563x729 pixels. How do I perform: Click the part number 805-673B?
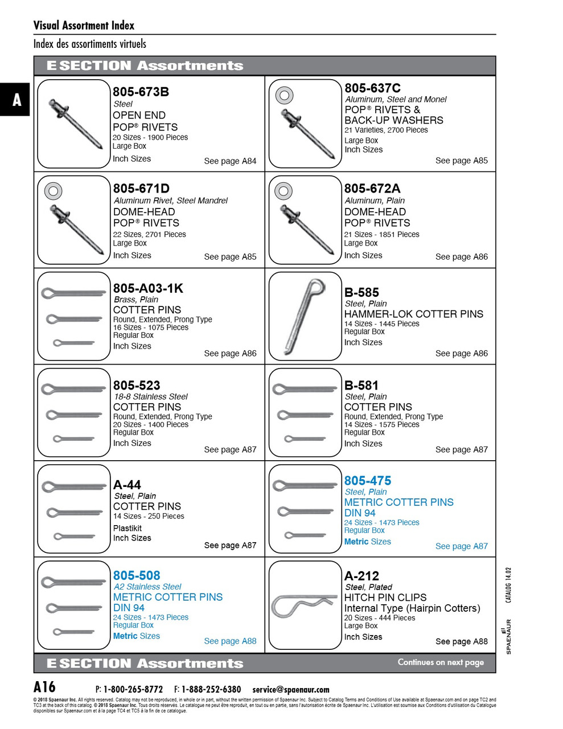(141, 92)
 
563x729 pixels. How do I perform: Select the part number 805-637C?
(372, 88)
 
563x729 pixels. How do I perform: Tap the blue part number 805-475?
(367, 481)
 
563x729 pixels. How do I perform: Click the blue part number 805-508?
(137, 576)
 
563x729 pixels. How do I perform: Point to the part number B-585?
(361, 293)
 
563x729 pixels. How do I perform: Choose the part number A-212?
(361, 576)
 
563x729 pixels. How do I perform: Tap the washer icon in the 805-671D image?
(53, 191)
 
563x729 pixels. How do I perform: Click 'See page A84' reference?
(230, 161)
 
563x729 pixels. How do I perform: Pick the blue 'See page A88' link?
(230, 641)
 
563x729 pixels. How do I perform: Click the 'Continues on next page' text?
(441, 662)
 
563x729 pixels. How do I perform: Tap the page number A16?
(44, 687)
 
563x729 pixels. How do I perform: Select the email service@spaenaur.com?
(291, 690)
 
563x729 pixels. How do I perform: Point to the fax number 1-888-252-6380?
(211, 690)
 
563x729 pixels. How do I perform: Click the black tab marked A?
(16, 100)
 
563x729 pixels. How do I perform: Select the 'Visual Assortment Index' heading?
(84, 26)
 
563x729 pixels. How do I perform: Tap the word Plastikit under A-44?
(128, 528)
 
